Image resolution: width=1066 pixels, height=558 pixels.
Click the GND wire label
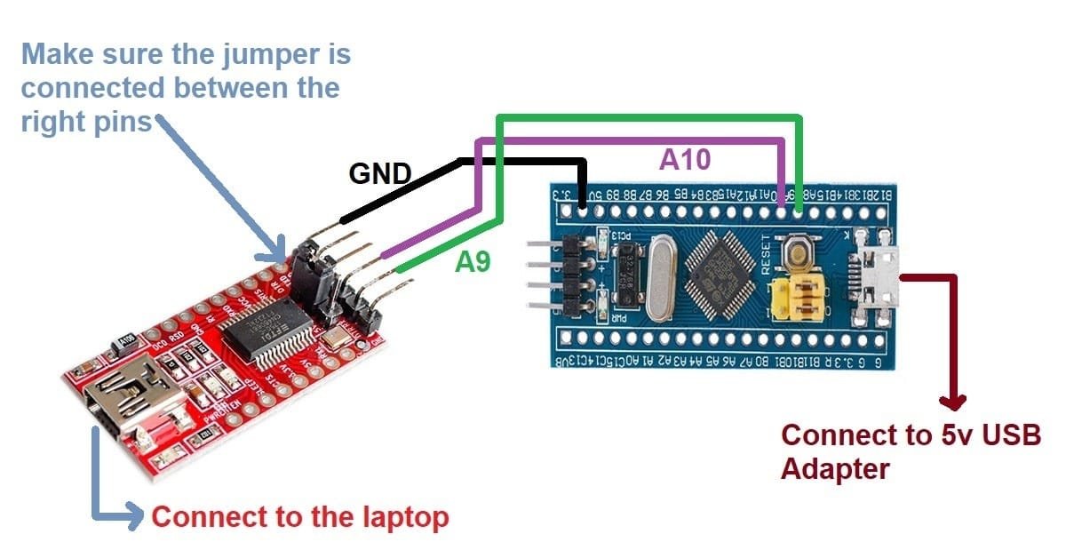pyautogui.click(x=380, y=173)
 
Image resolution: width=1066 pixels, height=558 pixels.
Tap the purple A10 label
pyautogui.click(x=685, y=159)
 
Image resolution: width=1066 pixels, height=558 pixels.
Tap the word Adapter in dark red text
pyautogui.click(x=834, y=467)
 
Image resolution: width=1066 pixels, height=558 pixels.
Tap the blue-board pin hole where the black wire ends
pyautogui.click(x=583, y=211)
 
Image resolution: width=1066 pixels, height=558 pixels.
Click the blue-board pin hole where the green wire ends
pyautogui.click(x=800, y=211)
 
